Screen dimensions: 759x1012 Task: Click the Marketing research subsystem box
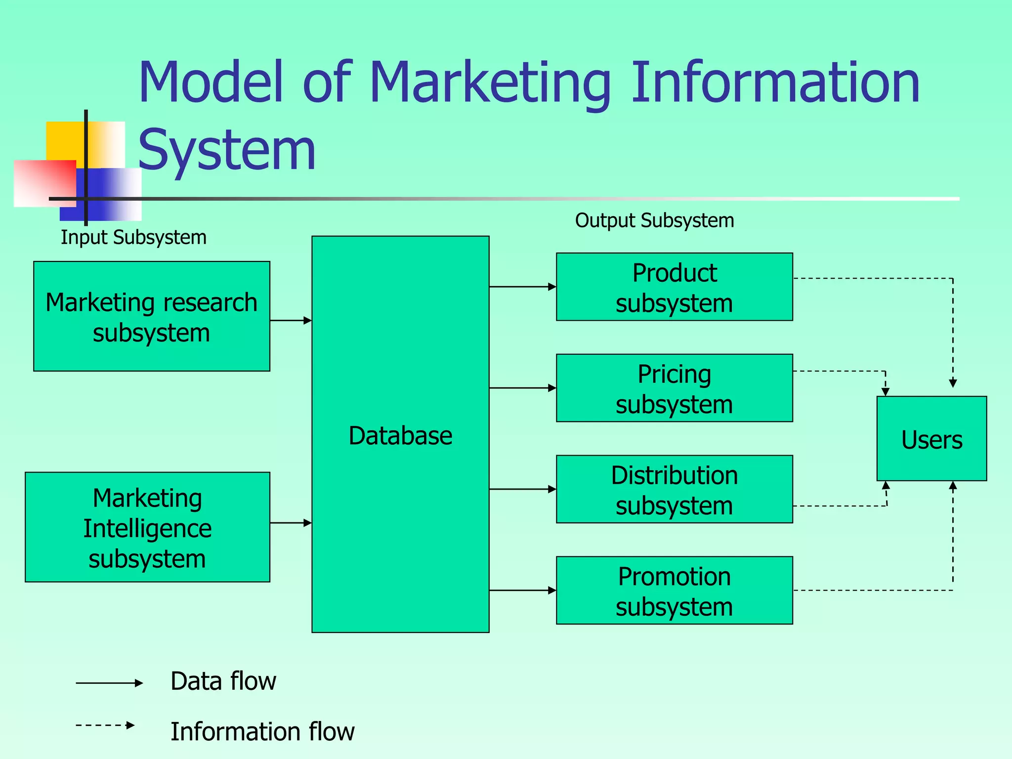click(152, 316)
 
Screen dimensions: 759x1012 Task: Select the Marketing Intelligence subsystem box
click(147, 527)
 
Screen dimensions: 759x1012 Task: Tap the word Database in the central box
click(400, 436)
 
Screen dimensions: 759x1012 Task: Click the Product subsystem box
click(675, 287)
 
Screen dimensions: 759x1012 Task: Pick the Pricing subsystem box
click(675, 388)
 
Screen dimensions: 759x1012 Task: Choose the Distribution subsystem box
click(675, 489)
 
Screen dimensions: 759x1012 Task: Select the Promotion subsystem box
click(675, 590)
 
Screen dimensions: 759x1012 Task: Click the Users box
click(931, 439)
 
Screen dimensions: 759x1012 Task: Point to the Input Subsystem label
click(133, 238)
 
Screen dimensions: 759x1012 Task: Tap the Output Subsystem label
click(654, 220)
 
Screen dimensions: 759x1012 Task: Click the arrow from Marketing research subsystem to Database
click(291, 321)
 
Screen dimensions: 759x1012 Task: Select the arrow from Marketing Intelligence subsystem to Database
click(291, 523)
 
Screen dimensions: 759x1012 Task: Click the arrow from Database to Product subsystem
click(522, 287)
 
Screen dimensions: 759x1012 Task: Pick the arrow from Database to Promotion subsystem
click(522, 590)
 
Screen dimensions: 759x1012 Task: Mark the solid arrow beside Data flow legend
click(109, 683)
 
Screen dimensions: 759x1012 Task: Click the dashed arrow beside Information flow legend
click(105, 725)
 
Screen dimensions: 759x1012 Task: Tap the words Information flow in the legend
click(262, 732)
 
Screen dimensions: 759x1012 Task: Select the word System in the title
click(227, 150)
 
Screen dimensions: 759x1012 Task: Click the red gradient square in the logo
click(44, 182)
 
